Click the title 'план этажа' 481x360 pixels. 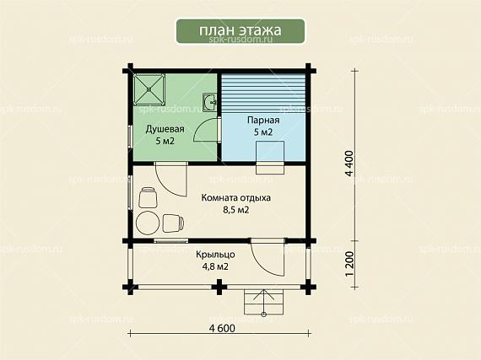pyautogui.click(x=240, y=30)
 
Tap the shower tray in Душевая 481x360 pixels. pyautogui.click(x=149, y=89)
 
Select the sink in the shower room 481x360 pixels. pyautogui.click(x=210, y=101)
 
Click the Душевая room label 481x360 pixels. pyautogui.click(x=165, y=129)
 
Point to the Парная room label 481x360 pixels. pyautogui.click(x=263, y=120)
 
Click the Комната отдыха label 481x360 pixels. pyautogui.click(x=236, y=197)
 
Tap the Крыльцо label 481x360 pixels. pyautogui.click(x=215, y=255)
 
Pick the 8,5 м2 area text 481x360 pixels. pyautogui.click(x=236, y=210)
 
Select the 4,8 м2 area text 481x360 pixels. pyautogui.click(x=215, y=267)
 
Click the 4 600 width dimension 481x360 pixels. pyautogui.click(x=222, y=328)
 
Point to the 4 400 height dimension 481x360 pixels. pyautogui.click(x=349, y=164)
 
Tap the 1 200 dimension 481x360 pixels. pyautogui.click(x=349, y=264)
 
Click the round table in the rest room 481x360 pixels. pyautogui.click(x=149, y=223)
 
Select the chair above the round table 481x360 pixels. pyautogui.click(x=149, y=197)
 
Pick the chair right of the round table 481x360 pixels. pyautogui.click(x=174, y=223)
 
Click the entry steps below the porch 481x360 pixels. pyautogui.click(x=264, y=302)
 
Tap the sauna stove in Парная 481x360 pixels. pyautogui.click(x=270, y=157)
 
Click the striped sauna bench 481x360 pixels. pyautogui.click(x=263, y=94)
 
